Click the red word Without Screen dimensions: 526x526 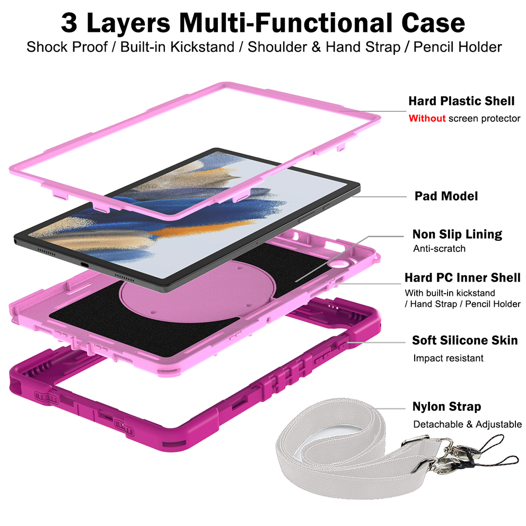427,118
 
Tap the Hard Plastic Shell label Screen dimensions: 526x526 461,101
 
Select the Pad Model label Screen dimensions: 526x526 446,196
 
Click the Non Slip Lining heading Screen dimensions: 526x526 457,234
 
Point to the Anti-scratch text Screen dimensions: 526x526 439,249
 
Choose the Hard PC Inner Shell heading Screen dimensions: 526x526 462,278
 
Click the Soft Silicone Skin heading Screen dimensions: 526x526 465,340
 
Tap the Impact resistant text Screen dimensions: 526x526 448,358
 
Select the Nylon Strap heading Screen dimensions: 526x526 447,407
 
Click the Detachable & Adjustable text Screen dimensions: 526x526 467,424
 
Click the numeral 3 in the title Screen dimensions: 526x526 69,23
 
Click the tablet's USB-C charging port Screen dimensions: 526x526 85,265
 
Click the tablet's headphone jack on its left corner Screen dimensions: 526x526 16,241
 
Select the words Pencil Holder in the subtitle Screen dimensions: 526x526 458,47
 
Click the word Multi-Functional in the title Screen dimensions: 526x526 286,23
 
